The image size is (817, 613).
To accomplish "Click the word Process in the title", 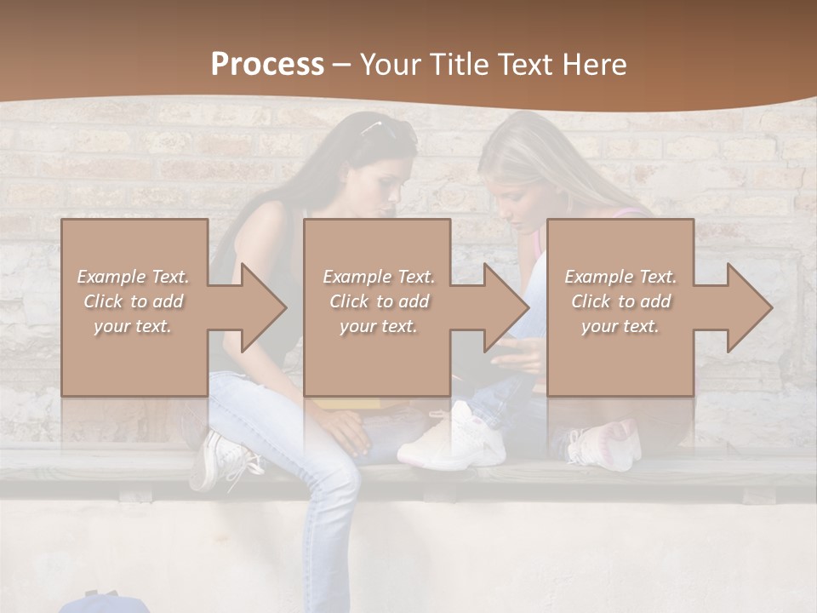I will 267,65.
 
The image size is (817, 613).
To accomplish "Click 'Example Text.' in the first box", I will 133,277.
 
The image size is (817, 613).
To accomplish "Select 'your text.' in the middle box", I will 378,326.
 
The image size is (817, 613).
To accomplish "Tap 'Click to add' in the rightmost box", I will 620,301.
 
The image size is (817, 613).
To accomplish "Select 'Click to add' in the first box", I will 133,301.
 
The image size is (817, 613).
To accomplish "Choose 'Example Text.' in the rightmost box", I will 620,277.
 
